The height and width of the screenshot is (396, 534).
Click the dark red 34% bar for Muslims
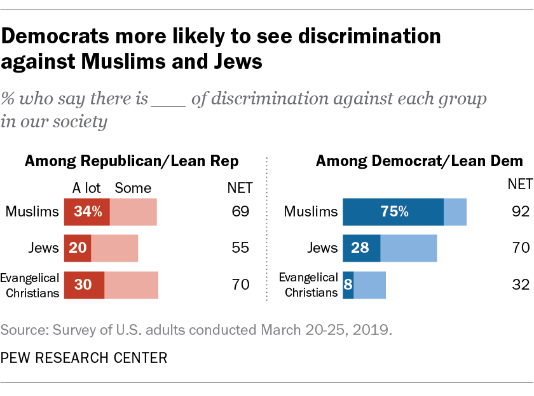[86, 212]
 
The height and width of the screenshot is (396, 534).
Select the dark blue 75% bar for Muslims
[393, 212]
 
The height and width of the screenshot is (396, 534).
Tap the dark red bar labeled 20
[77, 248]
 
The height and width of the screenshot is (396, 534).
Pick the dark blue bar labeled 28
[361, 248]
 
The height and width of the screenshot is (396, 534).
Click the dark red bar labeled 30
[84, 285]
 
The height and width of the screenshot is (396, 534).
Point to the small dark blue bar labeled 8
[348, 285]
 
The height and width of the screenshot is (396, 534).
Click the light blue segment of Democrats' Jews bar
[408, 248]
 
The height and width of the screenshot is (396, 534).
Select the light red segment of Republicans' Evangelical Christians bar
[131, 285]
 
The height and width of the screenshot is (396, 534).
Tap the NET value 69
[240, 212]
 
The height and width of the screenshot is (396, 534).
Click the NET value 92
[520, 212]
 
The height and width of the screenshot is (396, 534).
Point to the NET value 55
[240, 248]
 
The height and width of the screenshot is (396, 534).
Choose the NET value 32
[520, 285]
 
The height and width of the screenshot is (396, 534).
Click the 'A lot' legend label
[86, 188]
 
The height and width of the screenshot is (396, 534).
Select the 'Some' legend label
[133, 188]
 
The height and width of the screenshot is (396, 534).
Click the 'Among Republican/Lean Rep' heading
[132, 162]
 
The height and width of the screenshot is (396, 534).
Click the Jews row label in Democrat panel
[322, 248]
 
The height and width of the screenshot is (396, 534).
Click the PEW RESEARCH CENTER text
[84, 358]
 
